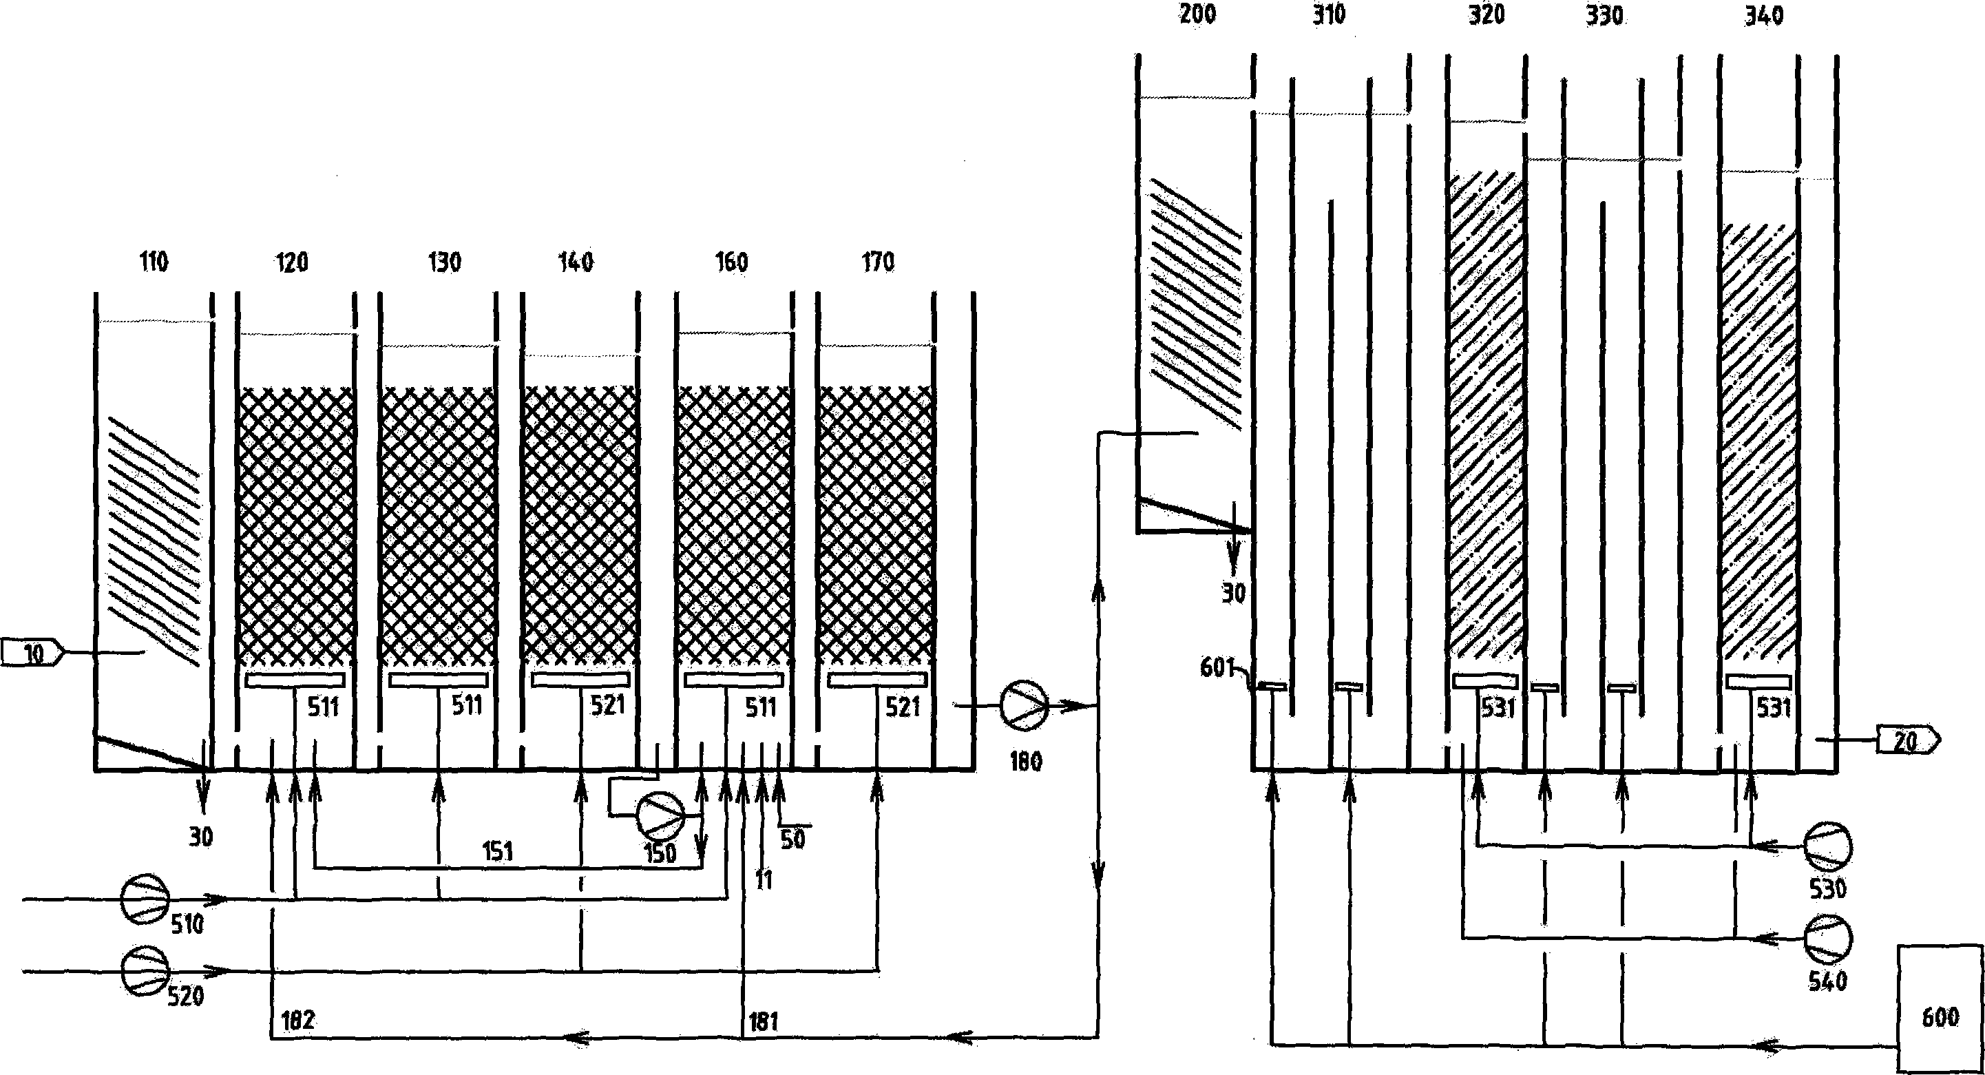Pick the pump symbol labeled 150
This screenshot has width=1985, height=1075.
pos(660,817)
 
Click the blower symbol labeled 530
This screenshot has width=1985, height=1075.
pos(1828,848)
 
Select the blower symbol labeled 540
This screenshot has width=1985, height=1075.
pos(1828,939)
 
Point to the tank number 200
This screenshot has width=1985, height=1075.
pos(1197,14)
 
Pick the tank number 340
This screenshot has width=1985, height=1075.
pos(1764,15)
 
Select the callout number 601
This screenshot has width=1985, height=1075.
pos(1217,667)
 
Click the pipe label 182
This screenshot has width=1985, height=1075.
pos(298,1021)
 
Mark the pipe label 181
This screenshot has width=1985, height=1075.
pos(764,1022)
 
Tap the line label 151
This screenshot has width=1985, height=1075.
pos(498,851)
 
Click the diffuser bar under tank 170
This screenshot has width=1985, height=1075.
pos(877,679)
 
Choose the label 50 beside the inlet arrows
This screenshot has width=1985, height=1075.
pos(793,838)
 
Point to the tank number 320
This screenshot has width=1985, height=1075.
pos(1487,14)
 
